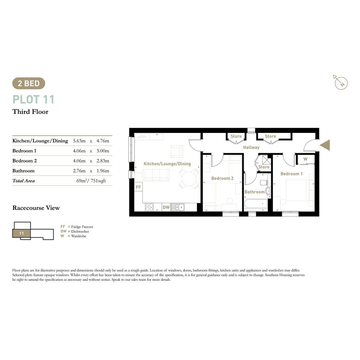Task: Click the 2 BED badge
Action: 29,83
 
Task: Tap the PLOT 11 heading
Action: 33,99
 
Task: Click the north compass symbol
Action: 341,82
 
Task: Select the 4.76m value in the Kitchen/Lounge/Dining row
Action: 103,141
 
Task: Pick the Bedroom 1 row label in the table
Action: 24,151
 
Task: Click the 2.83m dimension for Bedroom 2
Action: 103,161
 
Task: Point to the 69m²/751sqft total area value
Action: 91,181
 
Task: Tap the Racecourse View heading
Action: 36,208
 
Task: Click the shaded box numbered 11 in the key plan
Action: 21,233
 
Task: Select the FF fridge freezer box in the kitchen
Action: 138,187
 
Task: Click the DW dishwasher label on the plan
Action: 166,207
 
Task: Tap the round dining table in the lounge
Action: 189,178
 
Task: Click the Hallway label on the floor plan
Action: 251,147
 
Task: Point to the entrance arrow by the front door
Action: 325,145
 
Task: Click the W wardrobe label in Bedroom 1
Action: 306,159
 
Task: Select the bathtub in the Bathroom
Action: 256,204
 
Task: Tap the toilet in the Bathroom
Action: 264,183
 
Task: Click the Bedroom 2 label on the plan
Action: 222,178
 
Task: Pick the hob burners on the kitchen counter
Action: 149,207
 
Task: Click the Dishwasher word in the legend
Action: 80,232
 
